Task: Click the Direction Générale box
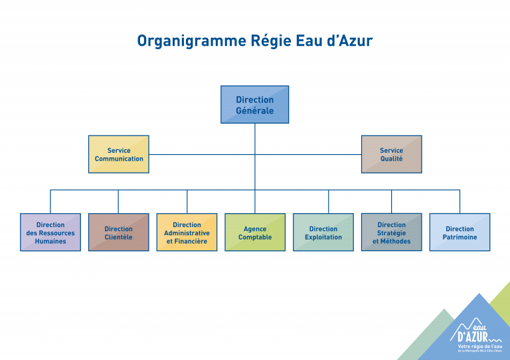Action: [x=254, y=105]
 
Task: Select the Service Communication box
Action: [x=119, y=155]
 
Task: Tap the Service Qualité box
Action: [x=391, y=155]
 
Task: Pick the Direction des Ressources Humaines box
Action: [x=50, y=232]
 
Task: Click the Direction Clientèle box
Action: [x=118, y=232]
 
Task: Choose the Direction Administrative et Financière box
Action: [x=187, y=232]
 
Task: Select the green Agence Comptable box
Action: [x=255, y=232]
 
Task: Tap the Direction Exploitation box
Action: [x=323, y=232]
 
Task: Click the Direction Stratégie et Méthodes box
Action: [x=391, y=232]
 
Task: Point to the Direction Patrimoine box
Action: [x=460, y=232]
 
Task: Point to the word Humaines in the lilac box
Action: [x=50, y=241]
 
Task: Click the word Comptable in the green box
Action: [x=255, y=237]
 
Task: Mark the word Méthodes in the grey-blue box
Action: [x=396, y=241]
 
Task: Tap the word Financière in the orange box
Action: [x=191, y=241]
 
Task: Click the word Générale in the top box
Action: [x=254, y=111]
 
